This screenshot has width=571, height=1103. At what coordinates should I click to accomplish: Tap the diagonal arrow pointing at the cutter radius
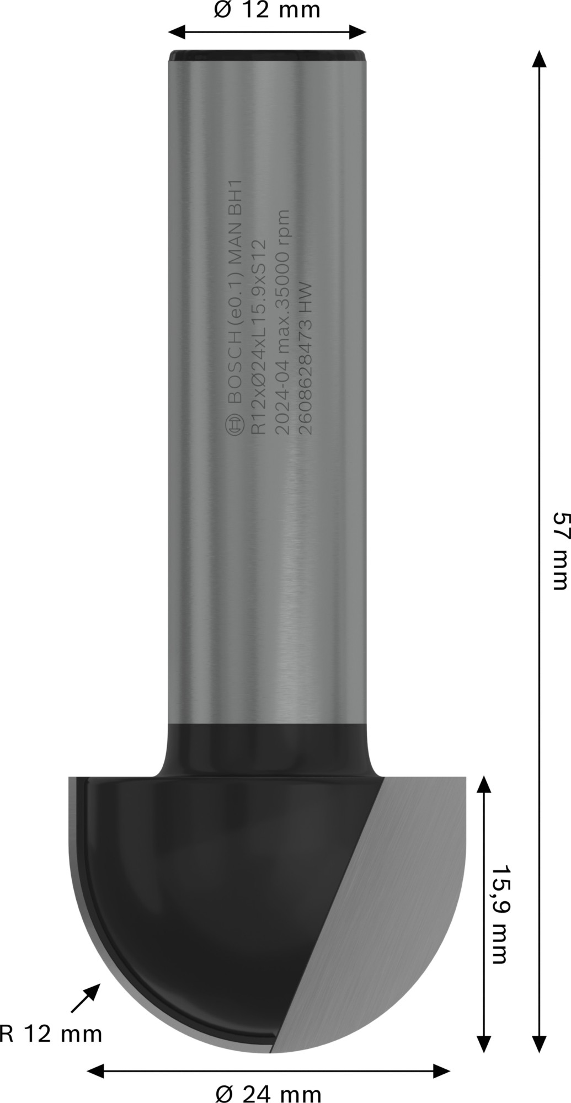[86, 999]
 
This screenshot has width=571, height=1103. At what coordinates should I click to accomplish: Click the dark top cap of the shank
[268, 55]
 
